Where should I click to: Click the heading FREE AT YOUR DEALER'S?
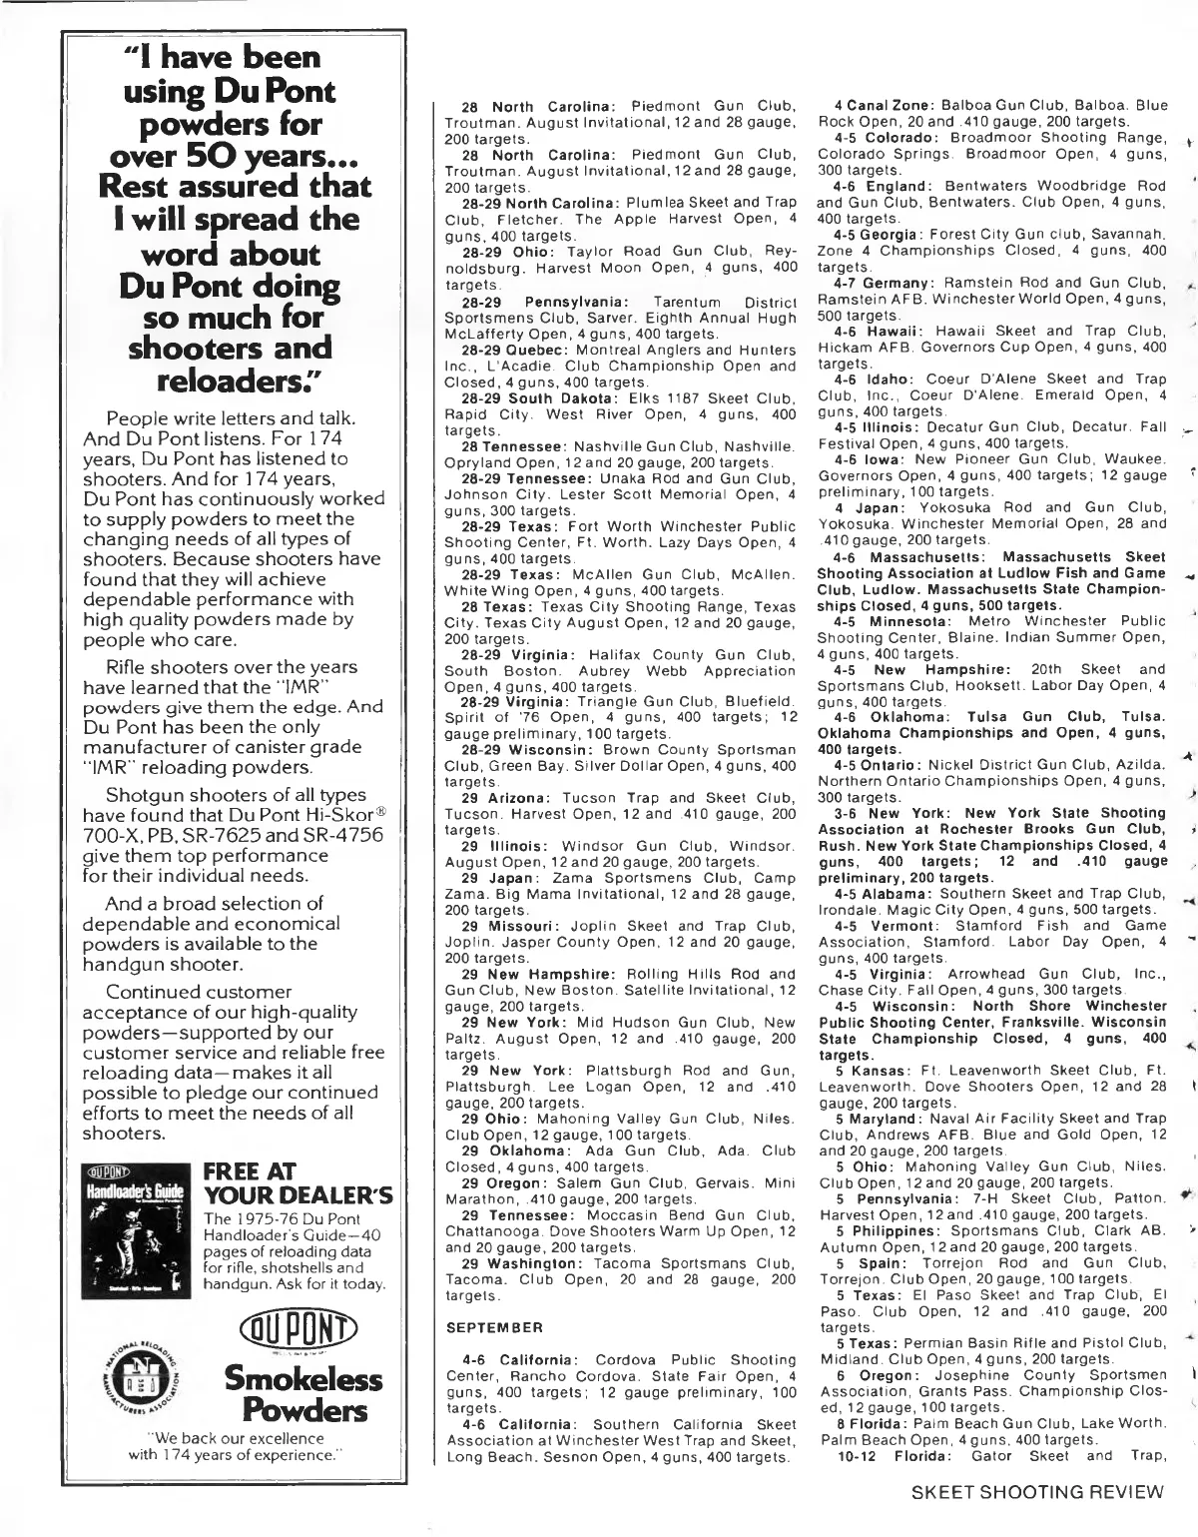pos(298,1182)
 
